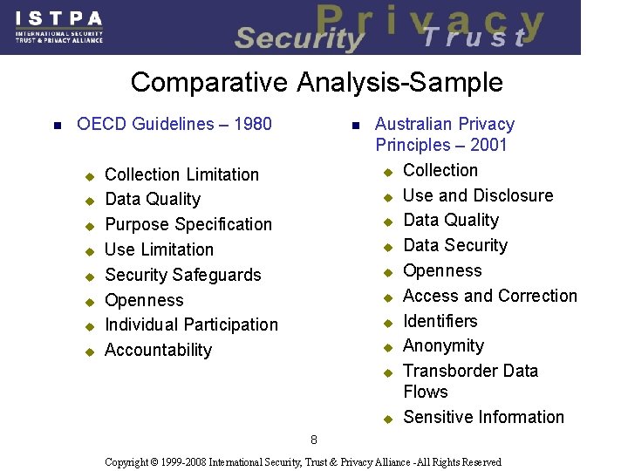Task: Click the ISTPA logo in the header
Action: tap(59, 27)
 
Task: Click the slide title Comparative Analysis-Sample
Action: tap(317, 83)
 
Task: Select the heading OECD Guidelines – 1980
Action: tap(174, 124)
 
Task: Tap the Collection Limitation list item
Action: tap(181, 174)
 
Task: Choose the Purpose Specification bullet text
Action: tap(188, 224)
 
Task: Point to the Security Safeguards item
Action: tap(183, 275)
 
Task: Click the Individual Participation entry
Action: tap(191, 324)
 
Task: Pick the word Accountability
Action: tap(158, 350)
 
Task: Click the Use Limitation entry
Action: tap(159, 249)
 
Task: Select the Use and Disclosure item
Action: tap(478, 195)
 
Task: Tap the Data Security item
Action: tap(455, 245)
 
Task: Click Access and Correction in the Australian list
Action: tap(490, 296)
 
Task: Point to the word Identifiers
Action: tap(440, 321)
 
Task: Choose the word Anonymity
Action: tap(443, 345)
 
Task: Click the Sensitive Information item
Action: tap(484, 417)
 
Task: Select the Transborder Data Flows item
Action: tap(471, 381)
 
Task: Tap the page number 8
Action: tap(314, 440)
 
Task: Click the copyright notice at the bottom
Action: tap(303, 461)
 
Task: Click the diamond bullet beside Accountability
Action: tap(88, 352)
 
